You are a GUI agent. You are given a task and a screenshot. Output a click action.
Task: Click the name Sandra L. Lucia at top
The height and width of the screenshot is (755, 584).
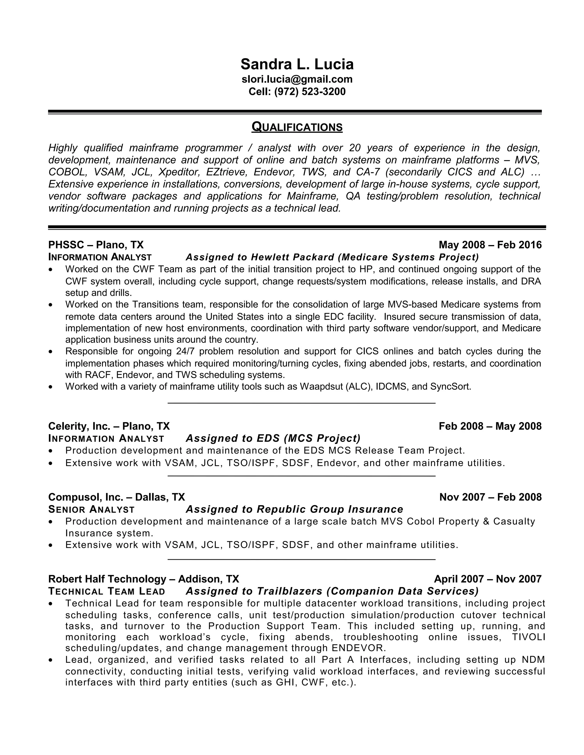297,65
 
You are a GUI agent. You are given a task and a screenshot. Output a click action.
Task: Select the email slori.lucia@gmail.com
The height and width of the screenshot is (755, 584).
297,79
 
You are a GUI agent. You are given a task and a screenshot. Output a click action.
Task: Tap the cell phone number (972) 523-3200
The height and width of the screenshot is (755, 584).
310,92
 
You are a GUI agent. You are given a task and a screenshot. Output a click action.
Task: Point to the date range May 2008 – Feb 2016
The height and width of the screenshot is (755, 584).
490,245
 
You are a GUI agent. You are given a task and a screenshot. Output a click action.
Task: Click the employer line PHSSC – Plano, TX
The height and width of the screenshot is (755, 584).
96,245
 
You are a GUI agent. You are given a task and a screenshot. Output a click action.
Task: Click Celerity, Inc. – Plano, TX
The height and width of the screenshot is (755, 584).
109,426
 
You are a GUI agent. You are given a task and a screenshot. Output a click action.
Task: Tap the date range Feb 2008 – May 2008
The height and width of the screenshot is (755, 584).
490,426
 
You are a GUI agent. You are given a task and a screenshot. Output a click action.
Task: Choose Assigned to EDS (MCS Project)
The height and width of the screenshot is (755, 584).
273,438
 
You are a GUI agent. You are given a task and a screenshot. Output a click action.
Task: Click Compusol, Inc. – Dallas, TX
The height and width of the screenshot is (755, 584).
117,497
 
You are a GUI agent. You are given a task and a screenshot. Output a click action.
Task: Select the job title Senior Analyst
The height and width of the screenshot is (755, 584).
91,510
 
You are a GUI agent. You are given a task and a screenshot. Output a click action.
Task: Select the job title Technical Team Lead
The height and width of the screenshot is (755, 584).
107,591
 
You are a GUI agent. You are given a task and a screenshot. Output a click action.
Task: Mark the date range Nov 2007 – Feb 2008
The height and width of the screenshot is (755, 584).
490,497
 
